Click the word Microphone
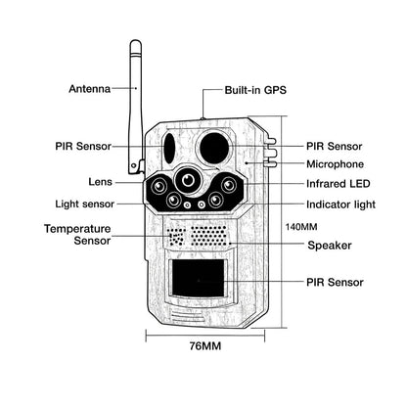[336, 164]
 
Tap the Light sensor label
[83, 203]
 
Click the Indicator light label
[339, 203]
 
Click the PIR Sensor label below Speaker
[336, 282]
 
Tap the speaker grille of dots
[207, 235]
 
